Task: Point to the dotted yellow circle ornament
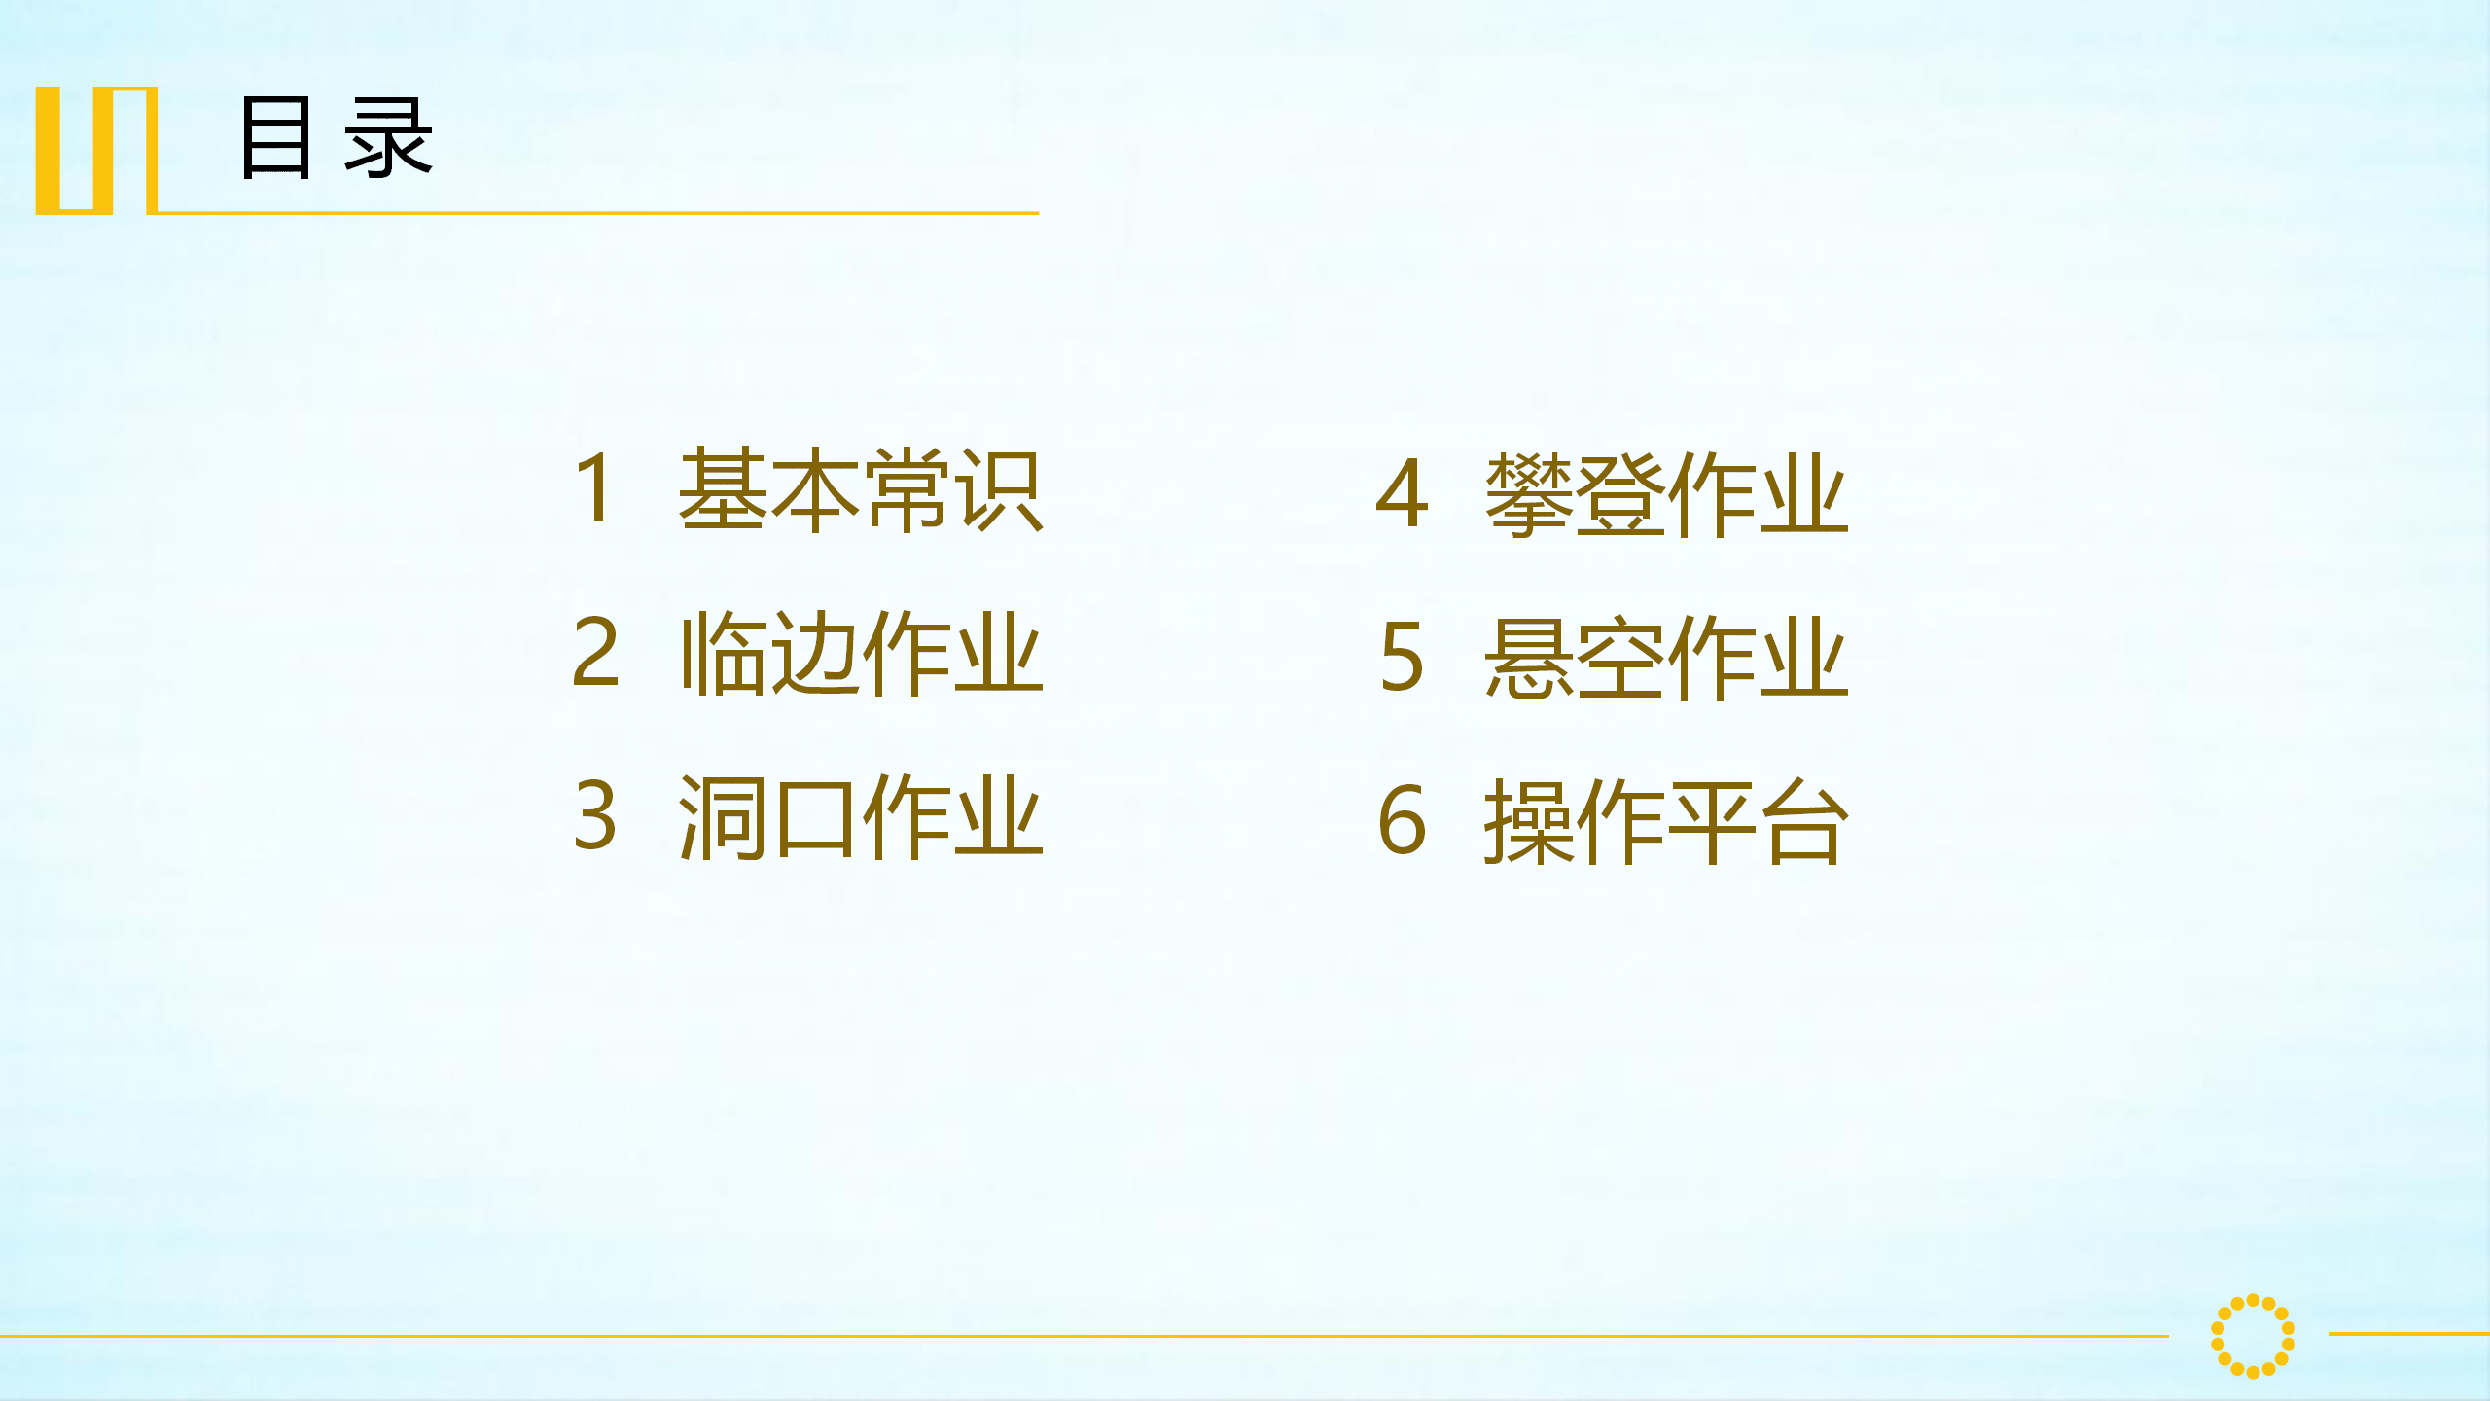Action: click(x=2253, y=1336)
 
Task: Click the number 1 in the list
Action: click(x=594, y=488)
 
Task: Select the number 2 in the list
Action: click(x=595, y=652)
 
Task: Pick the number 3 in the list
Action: click(x=595, y=815)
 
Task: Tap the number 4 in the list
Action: click(x=1403, y=493)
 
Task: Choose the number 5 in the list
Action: click(x=1403, y=657)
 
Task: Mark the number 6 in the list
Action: click(x=1403, y=820)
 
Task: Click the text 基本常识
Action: click(x=861, y=490)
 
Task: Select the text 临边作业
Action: click(x=861, y=653)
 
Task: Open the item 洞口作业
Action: click(x=861, y=816)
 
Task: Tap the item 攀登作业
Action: click(x=1666, y=495)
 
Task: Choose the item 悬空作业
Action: click(x=1666, y=659)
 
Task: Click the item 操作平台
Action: click(x=1666, y=822)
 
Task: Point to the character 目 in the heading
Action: click(x=276, y=137)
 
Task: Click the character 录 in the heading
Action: click(x=388, y=137)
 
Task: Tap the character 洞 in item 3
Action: click(x=722, y=816)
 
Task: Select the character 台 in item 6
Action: click(x=1806, y=822)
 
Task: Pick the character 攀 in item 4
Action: click(x=1529, y=495)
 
